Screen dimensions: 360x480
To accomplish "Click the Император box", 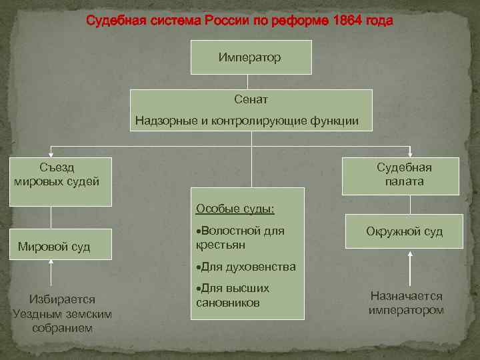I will pos(251,57).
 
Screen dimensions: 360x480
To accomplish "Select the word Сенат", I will pos(251,99).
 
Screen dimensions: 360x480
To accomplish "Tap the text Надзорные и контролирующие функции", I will pos(247,121).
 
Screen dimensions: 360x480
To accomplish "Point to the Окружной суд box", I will pos(404,231).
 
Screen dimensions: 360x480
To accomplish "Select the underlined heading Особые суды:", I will pos(235,209).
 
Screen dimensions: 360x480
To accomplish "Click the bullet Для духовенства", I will pos(247,267).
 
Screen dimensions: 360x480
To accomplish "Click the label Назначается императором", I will pos(406,303).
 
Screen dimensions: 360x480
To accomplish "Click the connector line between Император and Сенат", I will pos(248,82).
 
